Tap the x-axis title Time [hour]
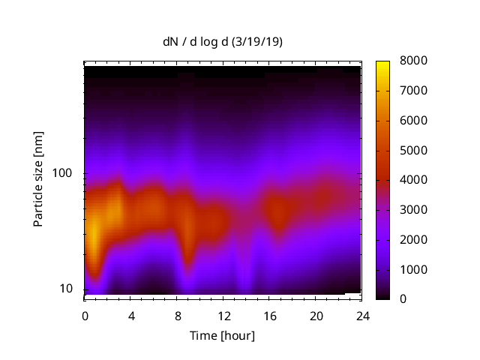221,335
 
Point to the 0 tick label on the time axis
85,315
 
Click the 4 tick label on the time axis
130,315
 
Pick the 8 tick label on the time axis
177,315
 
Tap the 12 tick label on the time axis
223,315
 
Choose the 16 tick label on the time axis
269,315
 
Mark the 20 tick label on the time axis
316,315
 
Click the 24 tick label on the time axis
361,315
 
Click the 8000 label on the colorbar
414,60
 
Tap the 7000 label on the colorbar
414,90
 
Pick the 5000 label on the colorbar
414,150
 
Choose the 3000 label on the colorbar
414,209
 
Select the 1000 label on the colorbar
414,269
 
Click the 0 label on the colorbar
404,298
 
